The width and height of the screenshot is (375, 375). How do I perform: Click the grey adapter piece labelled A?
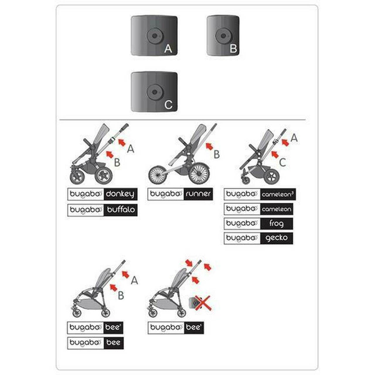pyautogui.click(x=154, y=36)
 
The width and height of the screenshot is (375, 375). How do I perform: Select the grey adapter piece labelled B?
pyautogui.click(x=223, y=36)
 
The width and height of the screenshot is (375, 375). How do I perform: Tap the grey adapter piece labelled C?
pyautogui.click(x=154, y=92)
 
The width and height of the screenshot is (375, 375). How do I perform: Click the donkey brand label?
pyautogui.click(x=102, y=194)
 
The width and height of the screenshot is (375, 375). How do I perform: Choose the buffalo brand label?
pyautogui.click(x=102, y=210)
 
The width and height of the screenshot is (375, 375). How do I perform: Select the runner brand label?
pyautogui.click(x=180, y=194)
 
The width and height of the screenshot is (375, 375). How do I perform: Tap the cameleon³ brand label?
pyautogui.click(x=260, y=194)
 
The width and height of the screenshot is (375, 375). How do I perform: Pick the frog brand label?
pyautogui.click(x=258, y=224)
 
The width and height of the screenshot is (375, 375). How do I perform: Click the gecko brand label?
pyautogui.click(x=258, y=238)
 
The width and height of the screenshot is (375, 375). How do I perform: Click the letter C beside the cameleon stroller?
pyautogui.click(x=282, y=162)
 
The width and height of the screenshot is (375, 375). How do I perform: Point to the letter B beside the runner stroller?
pyautogui.click(x=217, y=154)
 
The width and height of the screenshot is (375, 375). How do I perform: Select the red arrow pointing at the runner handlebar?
pyautogui.click(x=209, y=146)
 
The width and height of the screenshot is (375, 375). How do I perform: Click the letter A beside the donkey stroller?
pyautogui.click(x=131, y=149)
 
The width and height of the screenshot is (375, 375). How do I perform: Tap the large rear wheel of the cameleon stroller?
pyautogui.click(x=272, y=176)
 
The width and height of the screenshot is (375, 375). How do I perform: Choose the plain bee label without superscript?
pyautogui.click(x=95, y=343)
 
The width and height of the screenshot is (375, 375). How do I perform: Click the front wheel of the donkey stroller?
pyautogui.click(x=77, y=177)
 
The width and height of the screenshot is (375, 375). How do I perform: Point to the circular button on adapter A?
pyautogui.click(x=154, y=36)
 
